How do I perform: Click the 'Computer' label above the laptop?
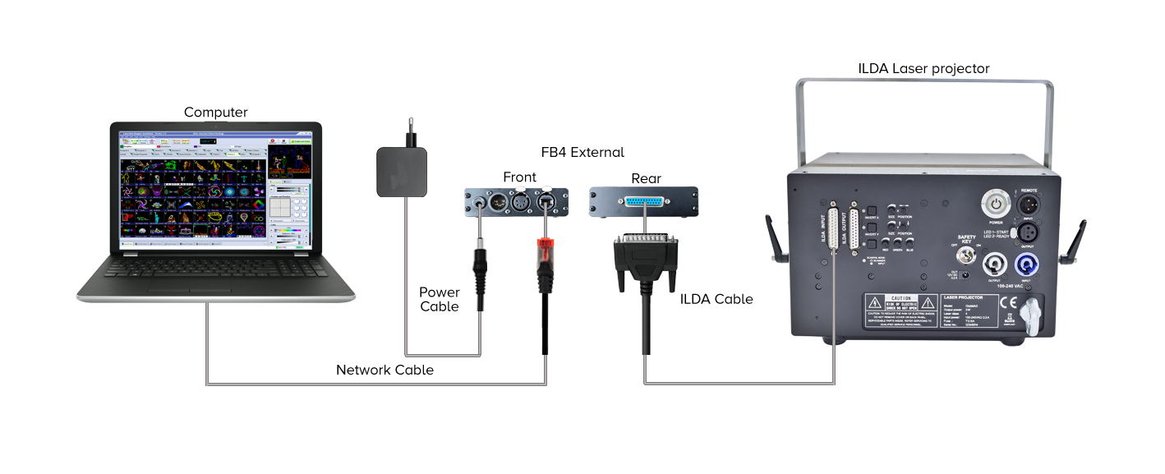coord(215,113)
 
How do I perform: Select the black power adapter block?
coord(403,171)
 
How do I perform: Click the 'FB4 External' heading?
coord(582,152)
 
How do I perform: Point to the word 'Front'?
coord(519,177)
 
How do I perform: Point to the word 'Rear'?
coord(646,178)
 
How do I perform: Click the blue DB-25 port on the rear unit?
coord(645,202)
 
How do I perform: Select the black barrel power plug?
coord(480,266)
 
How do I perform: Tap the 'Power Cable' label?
coord(440,299)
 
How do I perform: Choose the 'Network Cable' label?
coord(384,370)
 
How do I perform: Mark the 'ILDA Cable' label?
coord(716,299)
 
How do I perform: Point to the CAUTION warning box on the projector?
coord(900,312)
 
